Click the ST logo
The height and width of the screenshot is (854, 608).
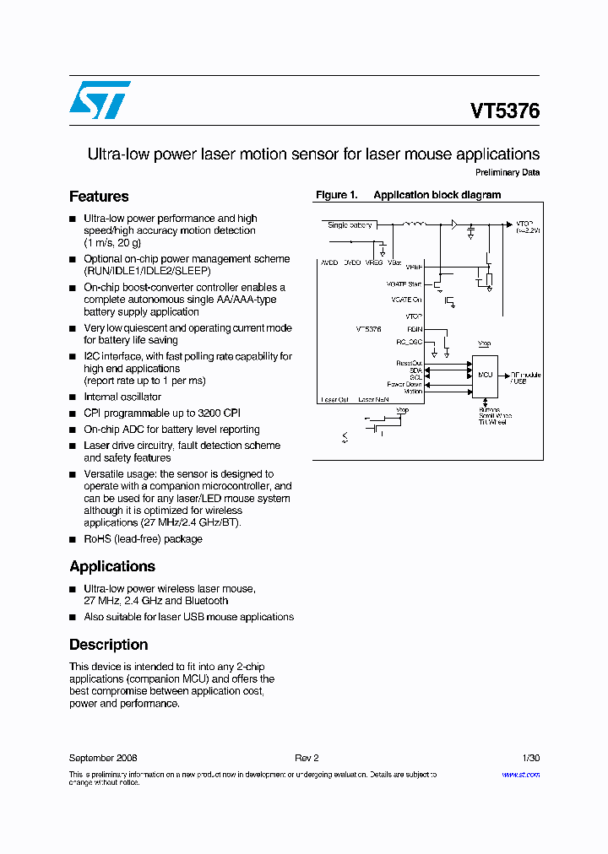point(100,100)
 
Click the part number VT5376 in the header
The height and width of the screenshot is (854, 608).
point(505,111)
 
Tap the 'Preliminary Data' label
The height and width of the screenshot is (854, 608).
point(508,173)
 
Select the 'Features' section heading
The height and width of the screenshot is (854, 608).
point(99,197)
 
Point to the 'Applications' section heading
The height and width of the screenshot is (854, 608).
point(112,566)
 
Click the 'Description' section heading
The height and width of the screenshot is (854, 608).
point(108,645)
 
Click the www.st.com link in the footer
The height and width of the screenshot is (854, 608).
point(520,775)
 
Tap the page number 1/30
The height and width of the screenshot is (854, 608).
point(531,759)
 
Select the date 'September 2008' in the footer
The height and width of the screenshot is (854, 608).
point(103,759)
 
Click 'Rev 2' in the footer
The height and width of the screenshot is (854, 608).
point(307,759)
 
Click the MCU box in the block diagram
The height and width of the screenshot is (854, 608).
point(485,374)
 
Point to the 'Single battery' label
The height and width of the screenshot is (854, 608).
point(350,225)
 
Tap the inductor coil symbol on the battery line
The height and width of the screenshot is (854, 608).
point(415,224)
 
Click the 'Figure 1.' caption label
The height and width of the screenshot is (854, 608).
point(336,195)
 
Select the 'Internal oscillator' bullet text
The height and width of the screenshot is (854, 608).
point(122,397)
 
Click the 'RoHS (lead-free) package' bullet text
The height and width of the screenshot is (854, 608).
point(143,539)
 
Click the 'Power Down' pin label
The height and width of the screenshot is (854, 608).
point(404,384)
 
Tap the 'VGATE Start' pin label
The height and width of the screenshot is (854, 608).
point(404,284)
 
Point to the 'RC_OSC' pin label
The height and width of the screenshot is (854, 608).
point(409,342)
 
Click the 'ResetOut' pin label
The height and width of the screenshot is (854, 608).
point(409,364)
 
